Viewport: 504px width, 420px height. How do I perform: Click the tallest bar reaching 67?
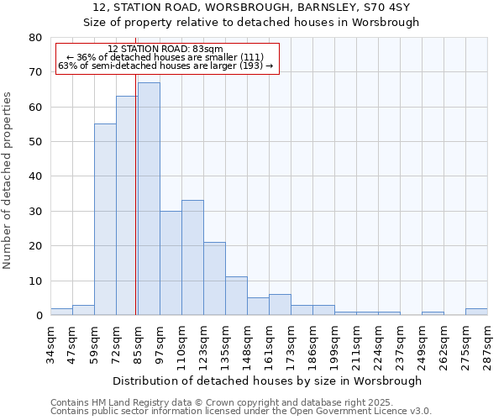pyautogui.click(x=149, y=199)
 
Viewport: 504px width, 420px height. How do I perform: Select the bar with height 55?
pyautogui.click(x=105, y=220)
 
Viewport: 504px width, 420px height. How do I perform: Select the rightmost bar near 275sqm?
pyautogui.click(x=476, y=312)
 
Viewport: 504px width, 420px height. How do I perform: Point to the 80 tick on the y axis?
pyautogui.click(x=34, y=38)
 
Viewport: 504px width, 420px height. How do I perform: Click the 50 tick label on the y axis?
pyautogui.click(x=34, y=142)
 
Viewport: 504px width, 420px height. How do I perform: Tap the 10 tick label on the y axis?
pyautogui.click(x=34, y=281)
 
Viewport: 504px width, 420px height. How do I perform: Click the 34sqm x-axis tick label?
pyautogui.click(x=50, y=343)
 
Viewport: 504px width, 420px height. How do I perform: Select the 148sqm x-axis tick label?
pyautogui.click(x=247, y=345)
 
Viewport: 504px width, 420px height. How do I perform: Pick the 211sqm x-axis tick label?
pyautogui.click(x=356, y=345)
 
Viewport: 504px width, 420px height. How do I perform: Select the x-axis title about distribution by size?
pyautogui.click(x=266, y=381)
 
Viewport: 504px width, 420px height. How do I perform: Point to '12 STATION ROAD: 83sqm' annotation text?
pyautogui.click(x=165, y=50)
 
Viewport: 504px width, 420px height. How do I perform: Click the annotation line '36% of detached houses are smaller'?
pyautogui.click(x=165, y=57)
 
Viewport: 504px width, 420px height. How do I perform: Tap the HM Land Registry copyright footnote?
pyautogui.click(x=222, y=403)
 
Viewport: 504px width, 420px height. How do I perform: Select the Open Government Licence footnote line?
pyautogui.click(x=241, y=412)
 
